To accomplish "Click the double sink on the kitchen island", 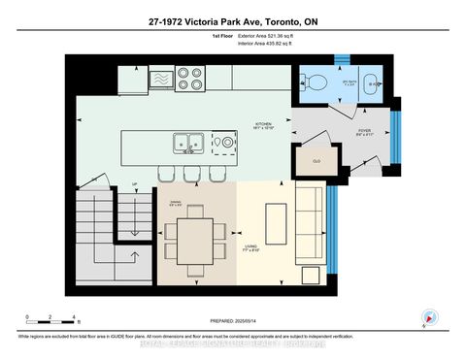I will [x=187, y=143].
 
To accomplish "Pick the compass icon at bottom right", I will [x=428, y=316].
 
